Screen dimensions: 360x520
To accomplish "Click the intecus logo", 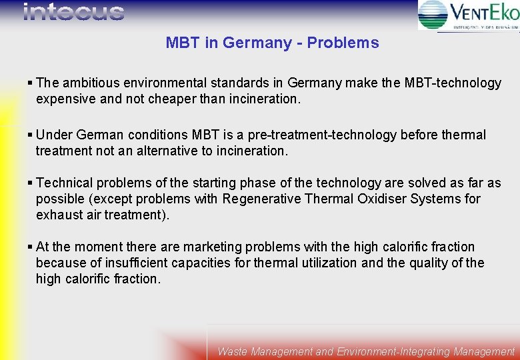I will pos(74,12).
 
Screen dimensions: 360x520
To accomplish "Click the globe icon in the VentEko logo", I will pos(433,15).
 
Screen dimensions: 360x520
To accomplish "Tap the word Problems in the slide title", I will pos(343,43).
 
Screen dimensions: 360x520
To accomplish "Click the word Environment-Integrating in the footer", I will pos(393,351).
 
